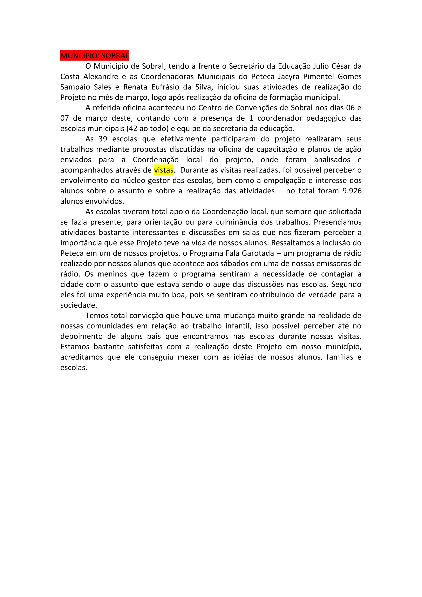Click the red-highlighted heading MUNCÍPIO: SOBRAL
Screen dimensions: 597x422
coord(95,56)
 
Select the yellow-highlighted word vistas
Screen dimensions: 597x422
coord(163,170)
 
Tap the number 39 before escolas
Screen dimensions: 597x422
coord(103,139)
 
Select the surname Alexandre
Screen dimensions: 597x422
coord(101,77)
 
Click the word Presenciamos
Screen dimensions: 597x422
coord(338,222)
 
